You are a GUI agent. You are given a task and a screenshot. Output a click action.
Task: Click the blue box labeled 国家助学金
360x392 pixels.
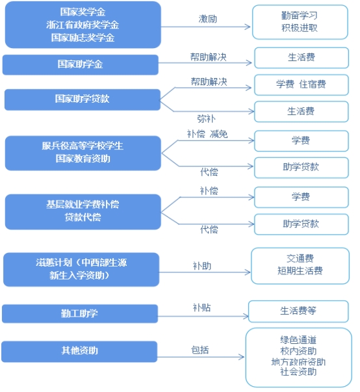click(x=80, y=64)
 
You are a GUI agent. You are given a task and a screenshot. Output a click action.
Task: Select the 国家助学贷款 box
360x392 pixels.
click(x=82, y=99)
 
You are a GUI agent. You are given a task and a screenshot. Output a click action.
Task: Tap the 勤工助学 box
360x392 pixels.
click(x=80, y=313)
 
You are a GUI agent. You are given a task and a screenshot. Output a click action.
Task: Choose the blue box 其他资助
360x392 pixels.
click(x=79, y=351)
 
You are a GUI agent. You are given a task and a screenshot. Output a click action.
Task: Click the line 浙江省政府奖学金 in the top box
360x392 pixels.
click(x=83, y=25)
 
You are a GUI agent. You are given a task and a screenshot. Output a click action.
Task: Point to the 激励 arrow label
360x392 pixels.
click(x=207, y=19)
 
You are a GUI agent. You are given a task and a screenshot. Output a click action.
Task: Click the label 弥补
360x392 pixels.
click(x=206, y=118)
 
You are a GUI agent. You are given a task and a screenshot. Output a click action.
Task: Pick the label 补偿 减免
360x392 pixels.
click(x=207, y=135)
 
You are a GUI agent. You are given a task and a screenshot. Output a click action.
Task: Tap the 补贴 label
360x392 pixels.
click(x=201, y=307)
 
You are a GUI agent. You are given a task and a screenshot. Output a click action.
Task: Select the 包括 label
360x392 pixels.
click(x=199, y=350)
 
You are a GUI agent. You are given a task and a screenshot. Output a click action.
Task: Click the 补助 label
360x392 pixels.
click(x=202, y=266)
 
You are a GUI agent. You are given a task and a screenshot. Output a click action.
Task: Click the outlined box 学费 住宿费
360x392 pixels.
click(x=302, y=85)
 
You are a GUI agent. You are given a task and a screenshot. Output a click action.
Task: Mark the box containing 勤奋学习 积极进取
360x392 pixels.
click(x=300, y=22)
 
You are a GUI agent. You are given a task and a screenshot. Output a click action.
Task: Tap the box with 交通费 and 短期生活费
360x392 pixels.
click(x=300, y=266)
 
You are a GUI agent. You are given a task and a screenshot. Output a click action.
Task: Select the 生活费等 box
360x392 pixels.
click(x=298, y=311)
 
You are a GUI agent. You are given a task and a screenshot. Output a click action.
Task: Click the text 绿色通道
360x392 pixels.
click(x=298, y=340)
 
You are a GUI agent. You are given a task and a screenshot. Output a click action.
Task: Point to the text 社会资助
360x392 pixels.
click(x=298, y=372)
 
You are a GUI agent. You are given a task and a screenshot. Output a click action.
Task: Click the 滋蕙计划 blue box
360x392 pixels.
click(x=81, y=269)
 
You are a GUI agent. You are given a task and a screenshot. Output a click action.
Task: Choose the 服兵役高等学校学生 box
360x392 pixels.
click(x=83, y=153)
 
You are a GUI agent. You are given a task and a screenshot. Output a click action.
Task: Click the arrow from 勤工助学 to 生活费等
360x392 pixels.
click(x=203, y=316)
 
